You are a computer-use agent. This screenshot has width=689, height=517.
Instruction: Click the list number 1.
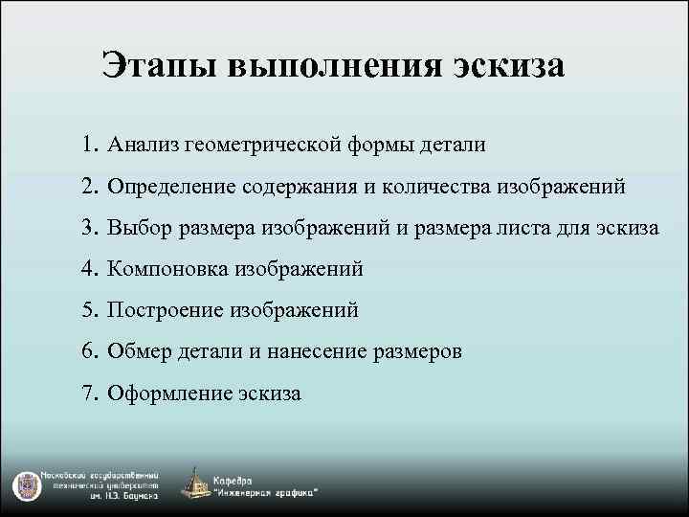click(89, 145)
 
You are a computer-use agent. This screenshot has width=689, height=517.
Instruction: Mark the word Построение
click(164, 310)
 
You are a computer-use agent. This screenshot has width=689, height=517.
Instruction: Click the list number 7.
click(89, 393)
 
